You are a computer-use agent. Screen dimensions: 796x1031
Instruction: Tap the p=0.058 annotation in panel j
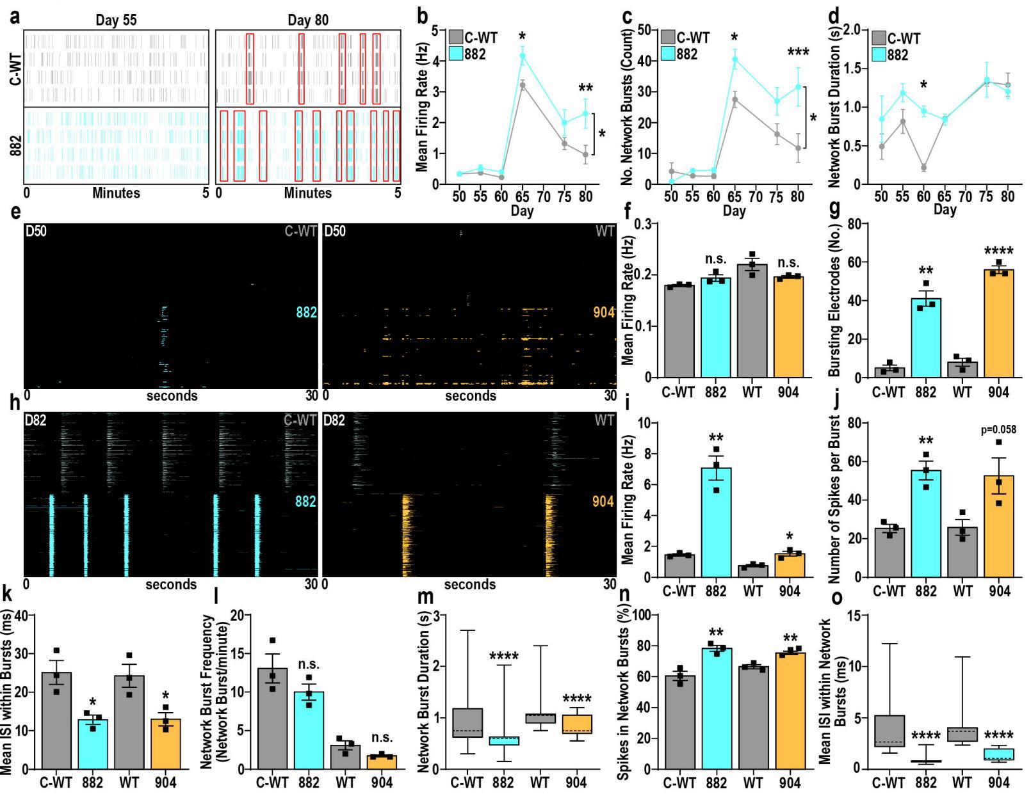click(999, 430)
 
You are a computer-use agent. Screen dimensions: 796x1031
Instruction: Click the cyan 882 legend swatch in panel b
click(456, 54)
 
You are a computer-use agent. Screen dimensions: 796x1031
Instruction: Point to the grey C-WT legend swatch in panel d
click(879, 38)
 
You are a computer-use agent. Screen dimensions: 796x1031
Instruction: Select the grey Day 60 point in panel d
click(923, 168)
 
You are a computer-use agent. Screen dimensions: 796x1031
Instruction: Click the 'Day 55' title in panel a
click(116, 20)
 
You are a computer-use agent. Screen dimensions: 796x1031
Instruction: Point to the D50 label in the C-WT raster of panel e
click(36, 231)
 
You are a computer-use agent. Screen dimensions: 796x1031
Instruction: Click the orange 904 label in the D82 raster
click(603, 501)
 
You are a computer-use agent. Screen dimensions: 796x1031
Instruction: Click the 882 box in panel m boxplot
click(503, 741)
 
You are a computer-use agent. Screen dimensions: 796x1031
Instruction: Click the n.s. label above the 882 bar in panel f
click(715, 260)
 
